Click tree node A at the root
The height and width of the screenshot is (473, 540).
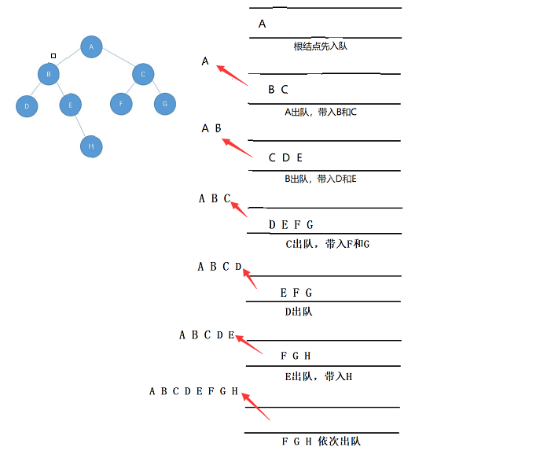point(91,47)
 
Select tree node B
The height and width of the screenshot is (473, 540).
point(49,75)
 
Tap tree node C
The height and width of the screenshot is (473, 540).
point(142,76)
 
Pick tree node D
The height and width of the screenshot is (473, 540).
point(27,105)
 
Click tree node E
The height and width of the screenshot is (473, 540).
point(70,105)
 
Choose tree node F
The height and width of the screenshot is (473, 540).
point(121,103)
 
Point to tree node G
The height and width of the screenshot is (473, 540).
point(164,103)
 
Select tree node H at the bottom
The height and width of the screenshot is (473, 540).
point(91,146)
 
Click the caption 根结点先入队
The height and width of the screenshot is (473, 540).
point(320,46)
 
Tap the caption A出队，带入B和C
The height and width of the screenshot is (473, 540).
point(321,113)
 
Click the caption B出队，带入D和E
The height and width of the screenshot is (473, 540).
point(321,179)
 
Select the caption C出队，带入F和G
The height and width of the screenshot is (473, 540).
point(327,244)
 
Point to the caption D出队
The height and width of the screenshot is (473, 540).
point(299,312)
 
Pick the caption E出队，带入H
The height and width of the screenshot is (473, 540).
point(318,376)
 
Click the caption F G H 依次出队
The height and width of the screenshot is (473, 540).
point(321,442)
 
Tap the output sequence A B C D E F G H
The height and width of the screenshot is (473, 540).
point(193,391)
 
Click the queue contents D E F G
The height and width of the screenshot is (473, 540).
point(291,225)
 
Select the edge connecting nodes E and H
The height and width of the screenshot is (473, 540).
point(81,126)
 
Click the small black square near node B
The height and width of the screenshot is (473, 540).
point(53,56)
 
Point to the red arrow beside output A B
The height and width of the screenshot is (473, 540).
point(237,148)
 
